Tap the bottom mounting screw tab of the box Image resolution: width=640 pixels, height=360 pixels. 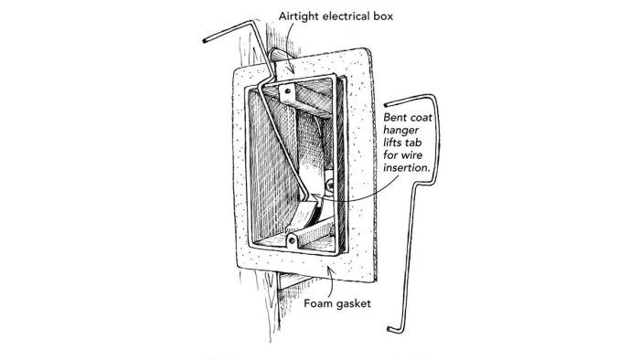(x=293, y=239)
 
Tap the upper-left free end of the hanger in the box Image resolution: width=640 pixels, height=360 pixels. (x=200, y=41)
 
